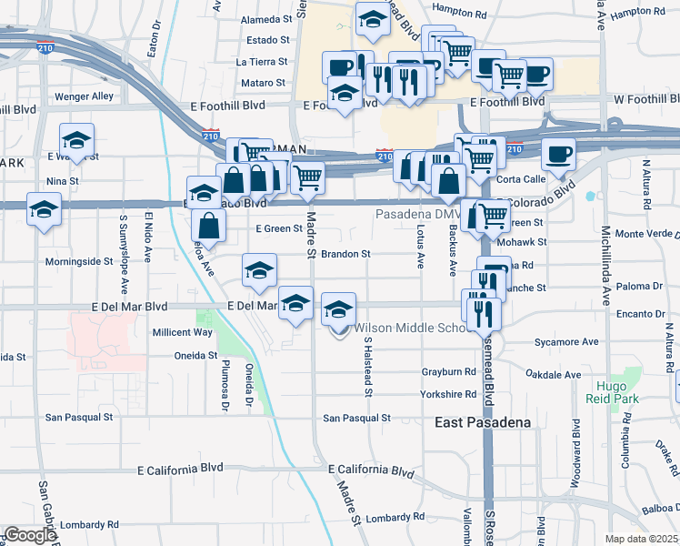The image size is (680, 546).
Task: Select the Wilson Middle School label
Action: tap(412, 328)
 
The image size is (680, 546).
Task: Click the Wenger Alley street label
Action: tap(85, 96)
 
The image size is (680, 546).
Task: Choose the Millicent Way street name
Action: tap(182, 332)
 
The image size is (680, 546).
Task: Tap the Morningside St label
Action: tap(85, 261)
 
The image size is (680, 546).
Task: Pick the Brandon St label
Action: tap(345, 254)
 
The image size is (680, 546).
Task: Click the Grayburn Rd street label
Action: tap(449, 371)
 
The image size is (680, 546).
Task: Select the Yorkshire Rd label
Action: tap(449, 394)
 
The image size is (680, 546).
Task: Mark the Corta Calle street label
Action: tap(520, 179)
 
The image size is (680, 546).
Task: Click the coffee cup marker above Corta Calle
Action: tap(558, 155)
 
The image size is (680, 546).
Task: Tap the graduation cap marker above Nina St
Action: tap(77, 140)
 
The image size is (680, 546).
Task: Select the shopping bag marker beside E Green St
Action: tap(209, 227)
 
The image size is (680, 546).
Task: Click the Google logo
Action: tap(30, 535)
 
